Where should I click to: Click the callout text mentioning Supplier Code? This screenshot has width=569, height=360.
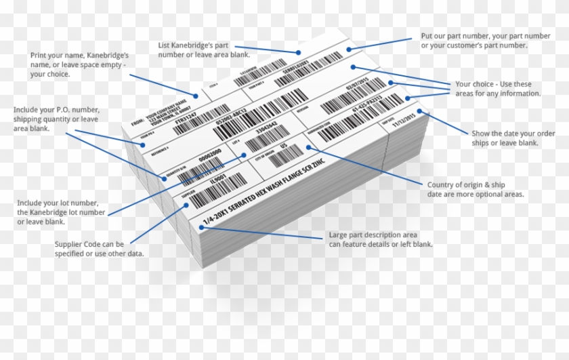pyautogui.click(x=99, y=249)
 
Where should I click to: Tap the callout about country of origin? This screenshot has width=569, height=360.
pyautogui.click(x=476, y=189)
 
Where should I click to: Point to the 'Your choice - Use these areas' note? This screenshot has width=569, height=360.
pyautogui.click(x=499, y=89)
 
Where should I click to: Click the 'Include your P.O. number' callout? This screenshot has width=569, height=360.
pyautogui.click(x=60, y=119)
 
